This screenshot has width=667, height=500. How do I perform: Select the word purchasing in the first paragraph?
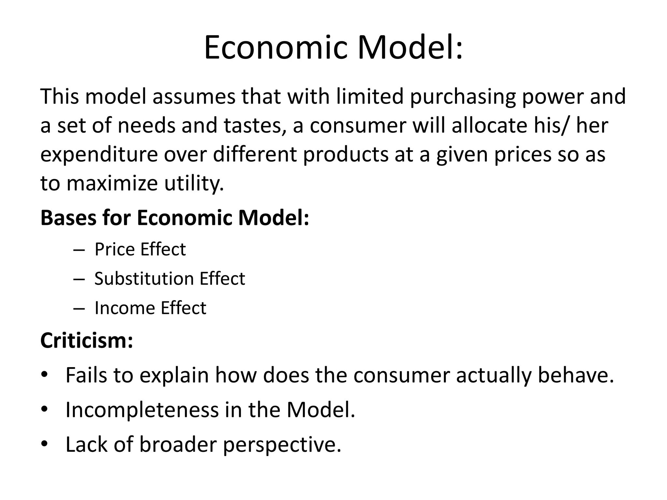click(x=462, y=97)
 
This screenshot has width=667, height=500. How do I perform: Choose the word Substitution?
click(x=144, y=279)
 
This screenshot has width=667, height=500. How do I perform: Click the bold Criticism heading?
click(x=87, y=340)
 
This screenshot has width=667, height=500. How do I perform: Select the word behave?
click(x=575, y=375)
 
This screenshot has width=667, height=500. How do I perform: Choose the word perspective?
click(x=282, y=445)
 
